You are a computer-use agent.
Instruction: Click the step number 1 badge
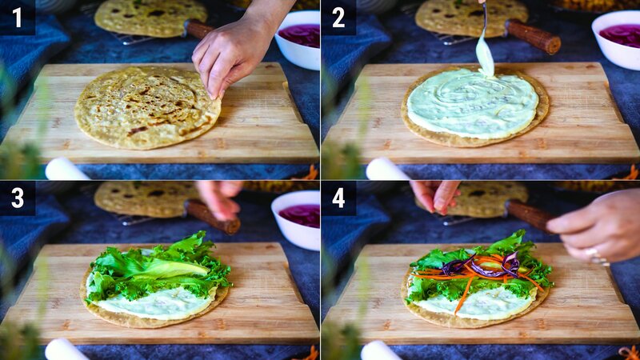click(17, 17)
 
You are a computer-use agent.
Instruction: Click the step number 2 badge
click(338, 17)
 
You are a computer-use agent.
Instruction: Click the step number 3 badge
click(17, 198)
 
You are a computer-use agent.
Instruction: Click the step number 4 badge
click(338, 198)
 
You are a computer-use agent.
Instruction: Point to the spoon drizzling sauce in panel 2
click(484, 48)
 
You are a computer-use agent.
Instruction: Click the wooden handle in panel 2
click(533, 36)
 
